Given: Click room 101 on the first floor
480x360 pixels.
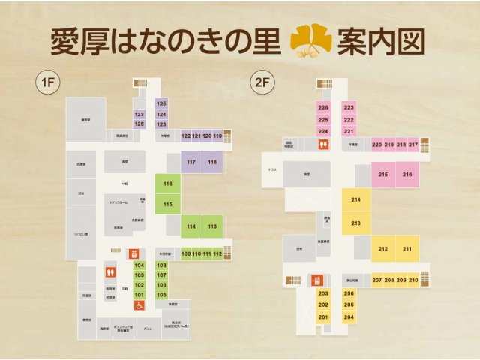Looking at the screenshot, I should pyautogui.click(x=139, y=295).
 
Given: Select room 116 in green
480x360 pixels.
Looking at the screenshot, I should pyautogui.click(x=167, y=184).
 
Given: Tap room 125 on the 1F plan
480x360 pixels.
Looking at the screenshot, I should pyautogui.click(x=161, y=103).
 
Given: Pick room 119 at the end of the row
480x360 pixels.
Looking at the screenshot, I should pyautogui.click(x=217, y=136).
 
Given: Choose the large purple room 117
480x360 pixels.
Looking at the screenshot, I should pyautogui.click(x=191, y=163).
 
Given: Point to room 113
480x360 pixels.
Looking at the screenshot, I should pyautogui.click(x=213, y=226).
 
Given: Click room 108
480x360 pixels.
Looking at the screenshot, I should pyautogui.click(x=161, y=265).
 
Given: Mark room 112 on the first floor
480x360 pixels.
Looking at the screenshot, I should pyautogui.click(x=217, y=254).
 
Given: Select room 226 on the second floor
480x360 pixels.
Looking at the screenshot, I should pyautogui.click(x=323, y=108).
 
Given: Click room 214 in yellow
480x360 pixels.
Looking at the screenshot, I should pyautogui.click(x=355, y=200).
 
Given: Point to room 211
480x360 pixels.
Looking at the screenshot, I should pyautogui.click(x=407, y=249).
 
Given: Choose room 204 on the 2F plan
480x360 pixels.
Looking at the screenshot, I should pyautogui.click(x=349, y=317).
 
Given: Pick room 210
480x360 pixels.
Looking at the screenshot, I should pyautogui.click(x=413, y=280).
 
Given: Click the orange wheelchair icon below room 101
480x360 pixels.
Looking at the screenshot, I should pyautogui.click(x=139, y=306).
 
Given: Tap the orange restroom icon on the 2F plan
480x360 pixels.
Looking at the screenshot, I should pyautogui.click(x=323, y=145).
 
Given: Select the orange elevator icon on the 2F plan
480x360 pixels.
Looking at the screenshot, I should pyautogui.click(x=317, y=280).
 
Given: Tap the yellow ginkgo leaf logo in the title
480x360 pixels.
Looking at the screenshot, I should pyautogui.click(x=310, y=42).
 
